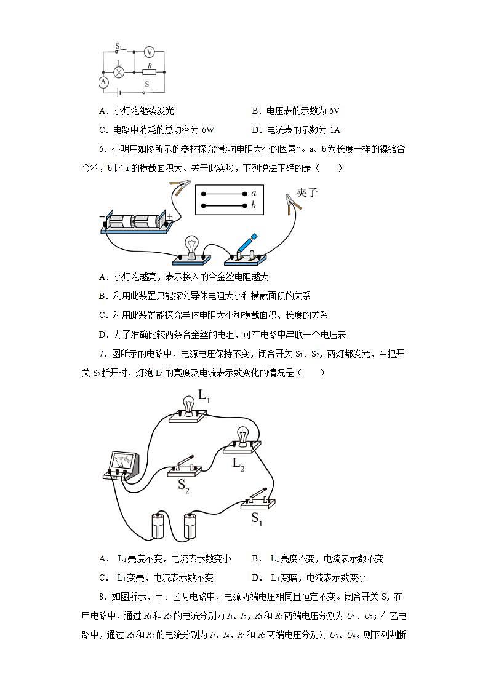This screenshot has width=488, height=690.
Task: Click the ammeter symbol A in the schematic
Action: tap(103, 81)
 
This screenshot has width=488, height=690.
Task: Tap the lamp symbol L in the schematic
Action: tap(121, 72)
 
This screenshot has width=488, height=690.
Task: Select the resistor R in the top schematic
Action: tap(148, 71)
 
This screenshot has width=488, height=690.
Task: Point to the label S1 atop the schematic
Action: tap(119, 46)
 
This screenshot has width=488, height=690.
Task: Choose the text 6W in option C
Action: tap(207, 130)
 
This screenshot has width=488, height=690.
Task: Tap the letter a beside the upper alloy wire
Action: tap(254, 193)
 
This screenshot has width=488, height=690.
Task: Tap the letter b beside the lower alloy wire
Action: tap(254, 205)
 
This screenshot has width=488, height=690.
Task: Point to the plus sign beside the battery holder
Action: tap(169, 216)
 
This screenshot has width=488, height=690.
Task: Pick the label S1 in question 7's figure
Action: tap(257, 517)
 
